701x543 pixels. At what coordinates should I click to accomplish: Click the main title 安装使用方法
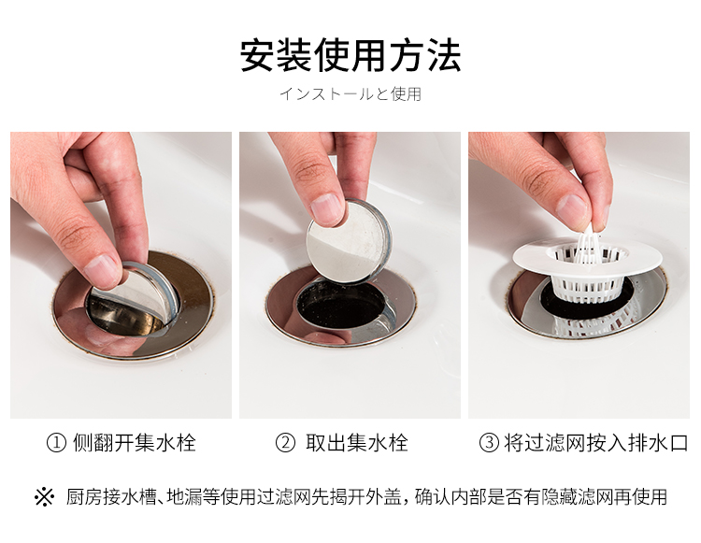pos(350,55)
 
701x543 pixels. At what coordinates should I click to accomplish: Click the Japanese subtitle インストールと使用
pos(350,94)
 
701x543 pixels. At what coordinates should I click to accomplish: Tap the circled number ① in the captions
pos(56,443)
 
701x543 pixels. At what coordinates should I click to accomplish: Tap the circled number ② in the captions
pos(285,443)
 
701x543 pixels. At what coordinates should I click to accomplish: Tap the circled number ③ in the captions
pos(489,443)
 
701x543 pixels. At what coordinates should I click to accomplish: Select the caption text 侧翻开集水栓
pos(134,443)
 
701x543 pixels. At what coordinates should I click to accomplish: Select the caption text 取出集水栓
pos(357,443)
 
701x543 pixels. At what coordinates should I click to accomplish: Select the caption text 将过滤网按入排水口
pos(596,443)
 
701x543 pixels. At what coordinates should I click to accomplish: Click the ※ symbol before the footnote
pos(44,497)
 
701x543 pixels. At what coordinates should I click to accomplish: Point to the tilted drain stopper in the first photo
pos(134,296)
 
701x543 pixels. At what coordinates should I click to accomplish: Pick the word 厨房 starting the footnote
pos(84,497)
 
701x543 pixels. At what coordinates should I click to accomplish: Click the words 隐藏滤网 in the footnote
pos(578,497)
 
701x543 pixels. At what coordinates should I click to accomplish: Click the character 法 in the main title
pos(444,55)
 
